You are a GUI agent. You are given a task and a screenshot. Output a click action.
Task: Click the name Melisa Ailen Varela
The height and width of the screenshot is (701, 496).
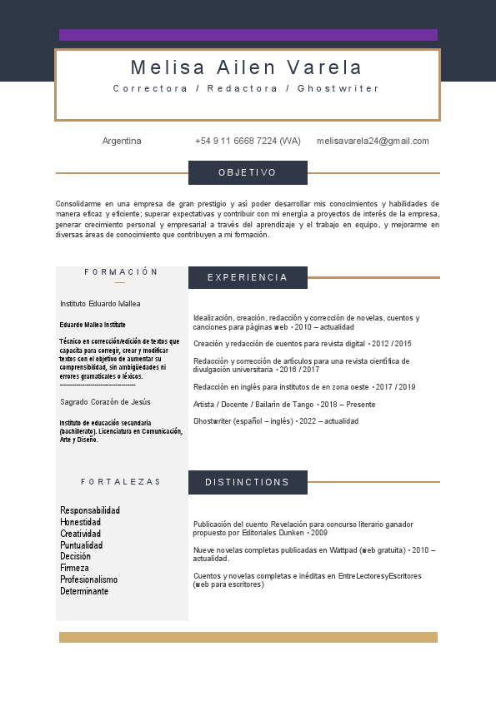click(x=247, y=67)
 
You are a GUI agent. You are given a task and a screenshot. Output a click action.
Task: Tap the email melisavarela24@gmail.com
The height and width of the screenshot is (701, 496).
click(x=373, y=142)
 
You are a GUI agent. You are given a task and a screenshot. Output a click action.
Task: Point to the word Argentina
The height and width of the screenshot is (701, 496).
click(x=122, y=142)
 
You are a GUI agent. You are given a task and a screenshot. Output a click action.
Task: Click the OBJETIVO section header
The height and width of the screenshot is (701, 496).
click(x=248, y=172)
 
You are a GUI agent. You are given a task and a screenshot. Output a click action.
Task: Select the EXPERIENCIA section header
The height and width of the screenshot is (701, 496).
click(x=248, y=277)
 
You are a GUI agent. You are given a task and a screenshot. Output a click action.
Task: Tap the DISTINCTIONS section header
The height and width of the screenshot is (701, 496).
click(x=248, y=482)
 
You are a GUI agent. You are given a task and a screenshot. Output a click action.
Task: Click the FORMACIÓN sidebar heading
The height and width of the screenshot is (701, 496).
click(x=121, y=272)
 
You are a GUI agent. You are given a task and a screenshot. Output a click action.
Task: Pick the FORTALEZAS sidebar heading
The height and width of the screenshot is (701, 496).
click(x=121, y=482)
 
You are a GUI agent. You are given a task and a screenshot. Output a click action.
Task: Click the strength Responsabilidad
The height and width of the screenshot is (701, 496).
click(x=90, y=510)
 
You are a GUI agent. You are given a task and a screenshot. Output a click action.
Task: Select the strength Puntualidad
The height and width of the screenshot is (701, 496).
click(x=82, y=545)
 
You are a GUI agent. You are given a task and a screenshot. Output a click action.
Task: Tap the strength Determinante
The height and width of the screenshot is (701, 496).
click(x=84, y=591)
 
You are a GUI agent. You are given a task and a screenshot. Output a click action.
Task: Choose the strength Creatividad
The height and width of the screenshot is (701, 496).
click(x=81, y=534)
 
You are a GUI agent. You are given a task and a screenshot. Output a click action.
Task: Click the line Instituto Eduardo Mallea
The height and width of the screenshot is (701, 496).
click(x=100, y=304)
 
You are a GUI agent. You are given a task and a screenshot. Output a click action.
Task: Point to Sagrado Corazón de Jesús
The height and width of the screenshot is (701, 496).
click(x=105, y=402)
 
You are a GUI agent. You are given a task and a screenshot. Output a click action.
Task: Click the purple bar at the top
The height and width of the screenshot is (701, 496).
click(x=248, y=35)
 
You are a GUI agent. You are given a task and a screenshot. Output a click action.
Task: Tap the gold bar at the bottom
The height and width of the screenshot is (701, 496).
click(x=248, y=637)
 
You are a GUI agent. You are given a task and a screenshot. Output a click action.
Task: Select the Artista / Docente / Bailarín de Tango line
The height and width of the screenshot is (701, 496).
click(x=283, y=405)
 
